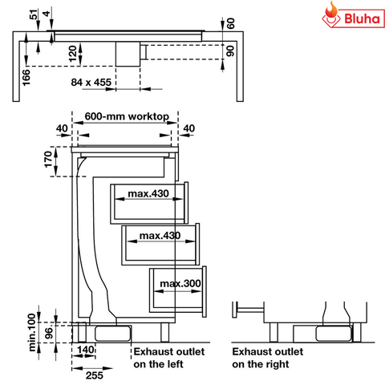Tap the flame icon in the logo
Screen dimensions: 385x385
[x=330, y=14]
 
